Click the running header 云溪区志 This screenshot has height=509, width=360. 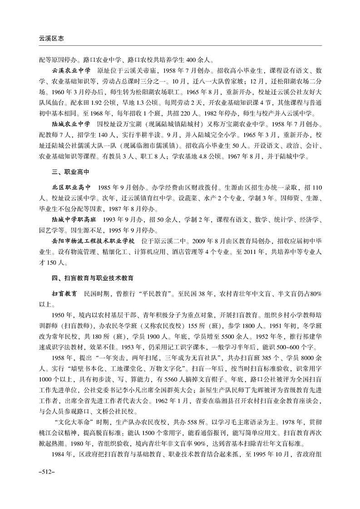coord(51,39)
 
